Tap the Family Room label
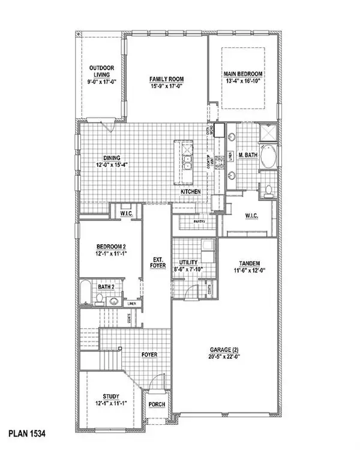[x=166, y=79]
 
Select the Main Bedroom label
[x=244, y=74]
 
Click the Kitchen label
[x=191, y=191]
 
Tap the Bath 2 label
[x=107, y=287]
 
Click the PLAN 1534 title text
[x=28, y=432]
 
